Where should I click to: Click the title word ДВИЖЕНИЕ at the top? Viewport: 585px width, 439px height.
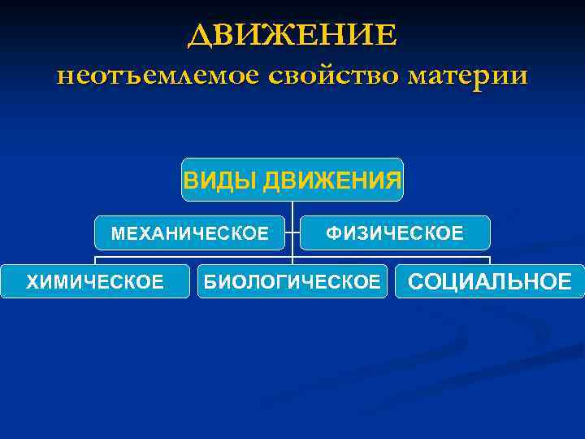point(292,36)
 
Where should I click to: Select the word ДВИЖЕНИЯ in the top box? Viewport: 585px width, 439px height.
point(332,179)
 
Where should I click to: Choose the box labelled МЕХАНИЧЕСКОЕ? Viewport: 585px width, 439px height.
point(189,233)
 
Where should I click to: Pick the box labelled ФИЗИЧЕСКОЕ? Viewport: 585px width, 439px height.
point(395,233)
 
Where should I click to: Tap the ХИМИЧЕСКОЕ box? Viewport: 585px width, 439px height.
point(95,281)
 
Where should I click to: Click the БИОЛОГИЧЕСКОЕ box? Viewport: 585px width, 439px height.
point(292,281)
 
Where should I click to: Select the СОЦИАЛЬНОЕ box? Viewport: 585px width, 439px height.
point(489,281)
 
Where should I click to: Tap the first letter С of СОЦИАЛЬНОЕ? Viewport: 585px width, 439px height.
point(416,282)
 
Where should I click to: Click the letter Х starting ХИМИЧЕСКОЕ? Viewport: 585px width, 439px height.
point(32,282)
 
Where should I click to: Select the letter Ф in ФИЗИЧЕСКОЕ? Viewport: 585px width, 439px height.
point(333,234)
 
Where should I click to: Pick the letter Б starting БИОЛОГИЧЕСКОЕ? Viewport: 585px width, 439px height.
point(209,282)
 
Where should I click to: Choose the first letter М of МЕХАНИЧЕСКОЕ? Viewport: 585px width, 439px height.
point(118,234)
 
